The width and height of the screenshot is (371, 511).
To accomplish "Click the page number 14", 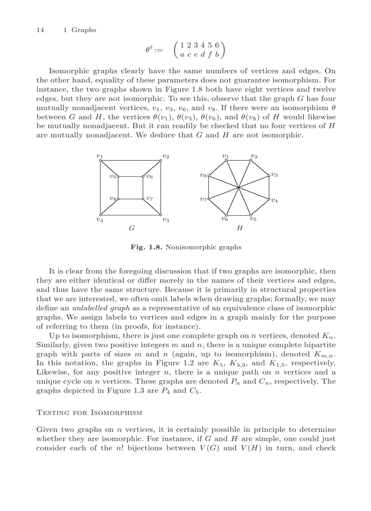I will pos(40,30).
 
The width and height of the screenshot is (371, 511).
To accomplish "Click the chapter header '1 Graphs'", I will pos(80,30).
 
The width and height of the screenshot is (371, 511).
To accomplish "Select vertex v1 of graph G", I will pos(100,160).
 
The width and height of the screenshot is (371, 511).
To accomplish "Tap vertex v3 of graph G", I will pos(161,215).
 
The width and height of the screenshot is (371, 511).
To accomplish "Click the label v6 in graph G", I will pos(150,177).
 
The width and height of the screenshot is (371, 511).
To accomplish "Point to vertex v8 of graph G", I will pos(119,199).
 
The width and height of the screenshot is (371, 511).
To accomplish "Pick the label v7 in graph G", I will pos(150,199).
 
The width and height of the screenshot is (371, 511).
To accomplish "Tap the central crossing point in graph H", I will pos(239,187).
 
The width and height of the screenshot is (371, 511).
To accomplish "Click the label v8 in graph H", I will pos(203,175).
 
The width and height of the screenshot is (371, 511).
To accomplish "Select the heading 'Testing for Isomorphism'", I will pos(89,413).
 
